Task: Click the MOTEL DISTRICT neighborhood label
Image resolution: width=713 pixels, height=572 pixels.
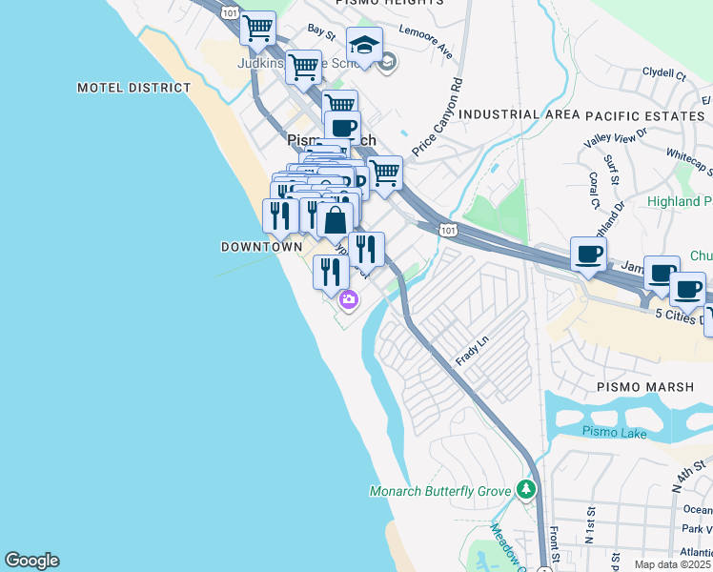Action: point(133,88)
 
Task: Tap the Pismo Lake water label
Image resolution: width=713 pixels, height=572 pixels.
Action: point(614,433)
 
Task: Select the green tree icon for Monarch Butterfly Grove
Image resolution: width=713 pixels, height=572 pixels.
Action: point(525,489)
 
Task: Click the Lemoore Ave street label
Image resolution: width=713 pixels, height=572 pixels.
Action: point(427,50)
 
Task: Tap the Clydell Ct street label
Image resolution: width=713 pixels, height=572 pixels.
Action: point(663,72)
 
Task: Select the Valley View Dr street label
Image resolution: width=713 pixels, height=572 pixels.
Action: point(615,139)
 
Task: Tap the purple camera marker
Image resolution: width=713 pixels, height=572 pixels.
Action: point(349,299)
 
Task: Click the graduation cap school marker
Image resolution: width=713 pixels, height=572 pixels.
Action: point(363,44)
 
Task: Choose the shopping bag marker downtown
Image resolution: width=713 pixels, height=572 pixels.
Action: point(335,221)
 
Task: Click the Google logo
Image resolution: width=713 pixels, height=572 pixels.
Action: point(31,561)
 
